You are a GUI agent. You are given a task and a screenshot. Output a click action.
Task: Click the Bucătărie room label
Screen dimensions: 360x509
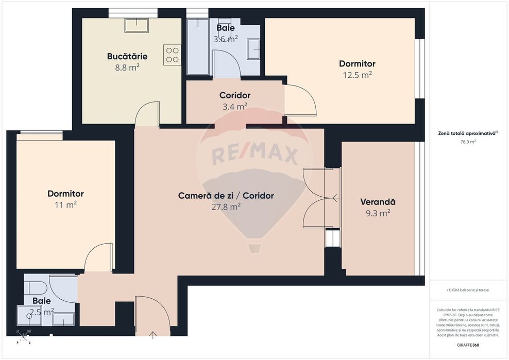pos(127,56)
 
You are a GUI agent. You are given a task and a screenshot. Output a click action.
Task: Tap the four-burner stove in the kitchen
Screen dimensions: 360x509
pos(172,55)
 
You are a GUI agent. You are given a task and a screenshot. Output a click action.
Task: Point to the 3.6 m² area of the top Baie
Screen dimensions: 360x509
pos(226,39)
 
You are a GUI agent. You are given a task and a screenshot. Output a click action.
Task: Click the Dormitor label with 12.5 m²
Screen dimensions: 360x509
pos(357,64)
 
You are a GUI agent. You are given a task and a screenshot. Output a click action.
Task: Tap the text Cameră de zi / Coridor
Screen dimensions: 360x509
pos(226,196)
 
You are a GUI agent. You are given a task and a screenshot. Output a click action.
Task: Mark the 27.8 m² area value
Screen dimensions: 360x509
pos(226,207)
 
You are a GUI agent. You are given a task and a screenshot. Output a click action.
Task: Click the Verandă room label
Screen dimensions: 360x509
pos(378,202)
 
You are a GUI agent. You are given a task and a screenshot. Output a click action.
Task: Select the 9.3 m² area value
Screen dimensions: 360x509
pos(378,213)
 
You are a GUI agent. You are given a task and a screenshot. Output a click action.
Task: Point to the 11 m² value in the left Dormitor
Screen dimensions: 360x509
pos(65,204)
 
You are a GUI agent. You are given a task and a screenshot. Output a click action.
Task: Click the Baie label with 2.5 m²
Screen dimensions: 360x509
pos(42,301)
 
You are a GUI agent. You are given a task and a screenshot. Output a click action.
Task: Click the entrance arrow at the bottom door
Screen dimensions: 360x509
pos(153,336)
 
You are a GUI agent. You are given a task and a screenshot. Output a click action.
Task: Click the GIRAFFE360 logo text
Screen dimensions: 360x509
pos(468,345)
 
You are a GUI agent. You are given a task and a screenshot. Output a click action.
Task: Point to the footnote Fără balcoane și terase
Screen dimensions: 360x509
pos(468,290)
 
